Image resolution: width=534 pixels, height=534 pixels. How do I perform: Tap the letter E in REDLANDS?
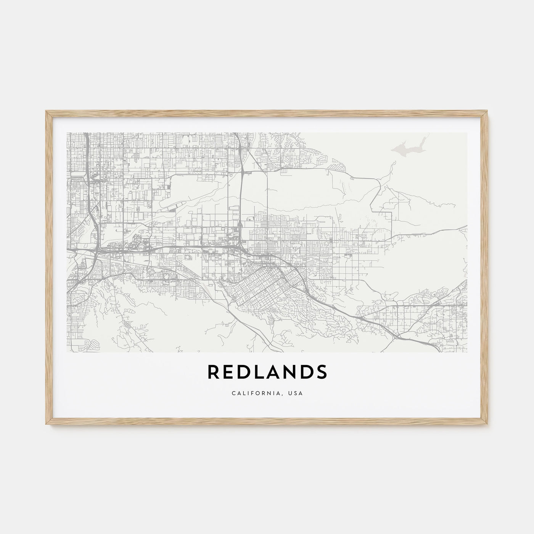click(x=229, y=372)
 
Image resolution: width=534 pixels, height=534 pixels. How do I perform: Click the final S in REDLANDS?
click(x=321, y=372)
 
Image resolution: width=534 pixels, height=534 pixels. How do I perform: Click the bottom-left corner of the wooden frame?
click(x=46, y=426)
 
